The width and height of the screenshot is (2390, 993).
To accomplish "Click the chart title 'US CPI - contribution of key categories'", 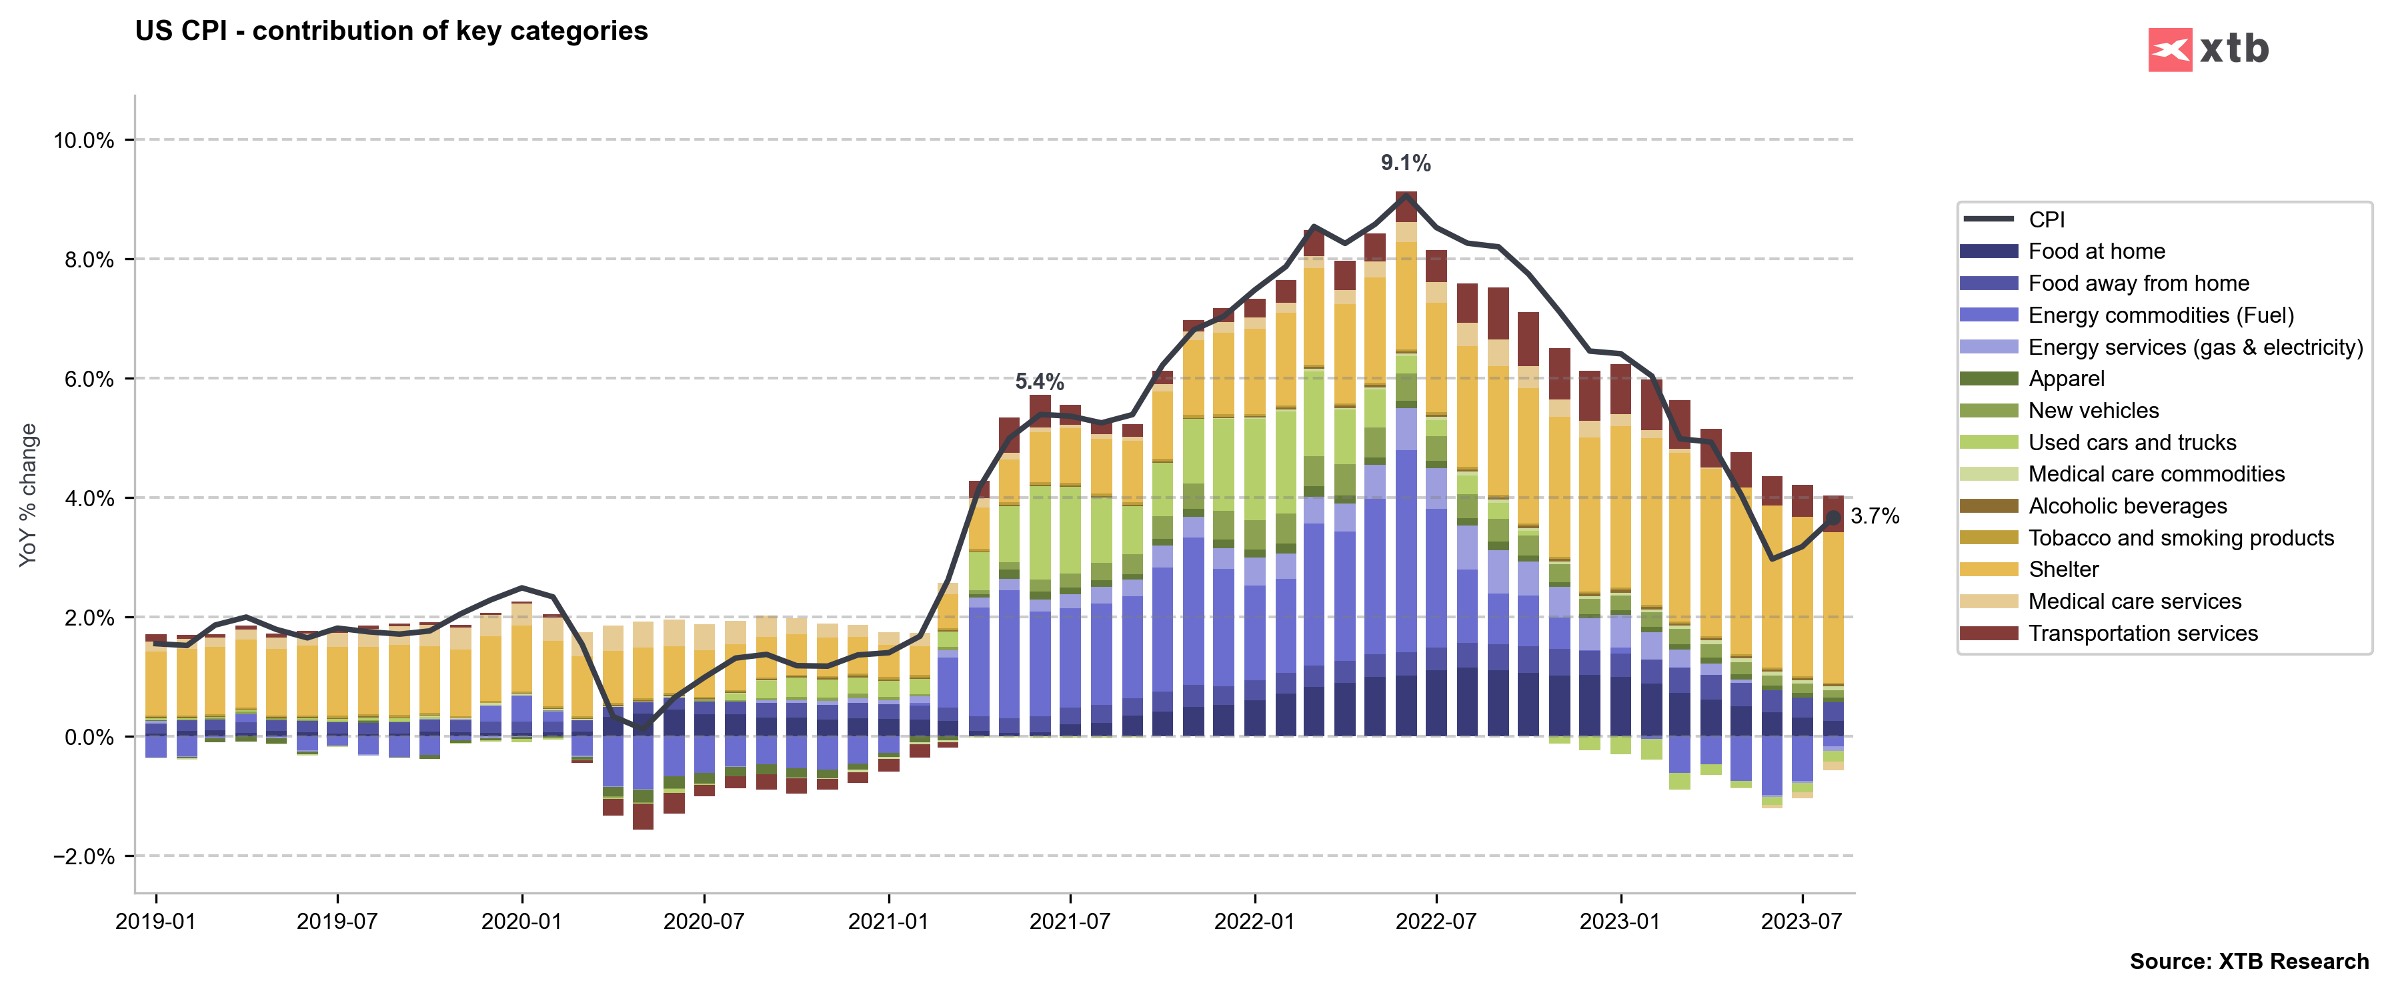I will tap(391, 31).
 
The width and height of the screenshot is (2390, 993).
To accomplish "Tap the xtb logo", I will tap(2208, 49).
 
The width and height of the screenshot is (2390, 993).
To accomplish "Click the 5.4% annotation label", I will tap(1039, 381).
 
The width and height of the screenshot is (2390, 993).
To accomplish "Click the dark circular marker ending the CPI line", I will tap(1833, 518).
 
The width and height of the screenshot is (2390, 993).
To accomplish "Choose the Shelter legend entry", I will tap(2063, 570).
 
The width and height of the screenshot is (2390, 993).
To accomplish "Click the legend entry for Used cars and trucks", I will tap(2131, 443).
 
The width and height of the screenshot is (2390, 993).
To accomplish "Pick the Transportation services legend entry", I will tap(2143, 634).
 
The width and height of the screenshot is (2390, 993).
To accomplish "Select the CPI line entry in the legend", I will tap(2046, 220).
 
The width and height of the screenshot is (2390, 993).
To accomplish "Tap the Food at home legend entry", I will tap(2096, 251).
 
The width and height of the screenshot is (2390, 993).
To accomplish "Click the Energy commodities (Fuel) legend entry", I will tap(2160, 315).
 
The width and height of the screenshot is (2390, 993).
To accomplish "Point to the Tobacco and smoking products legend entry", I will tap(2181, 538).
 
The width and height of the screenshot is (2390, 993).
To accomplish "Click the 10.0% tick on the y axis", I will tap(83, 141).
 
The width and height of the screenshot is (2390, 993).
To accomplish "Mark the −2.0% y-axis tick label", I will tap(83, 856).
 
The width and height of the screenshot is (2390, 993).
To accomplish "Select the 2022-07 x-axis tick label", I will tap(1435, 922).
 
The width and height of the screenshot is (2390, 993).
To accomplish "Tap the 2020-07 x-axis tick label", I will tap(704, 922).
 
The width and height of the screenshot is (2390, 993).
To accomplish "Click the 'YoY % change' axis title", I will tap(29, 495).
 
